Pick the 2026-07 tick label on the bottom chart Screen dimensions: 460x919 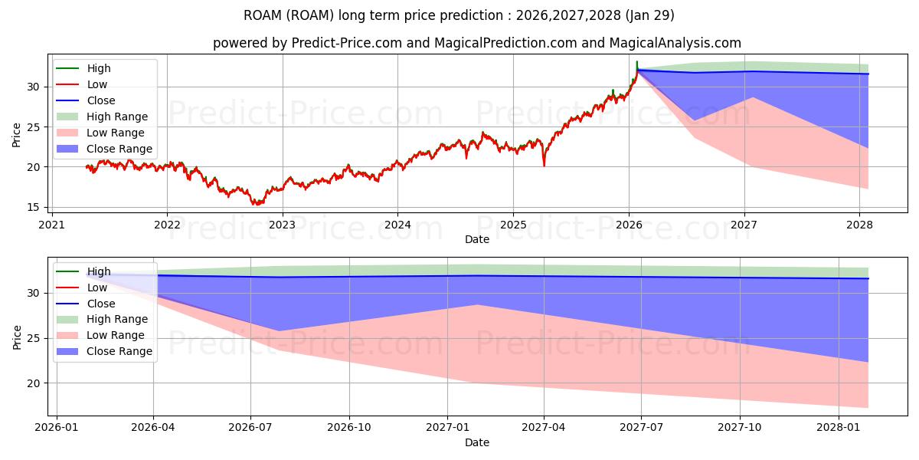point(250,427)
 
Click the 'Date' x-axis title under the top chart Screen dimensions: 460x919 point(476,239)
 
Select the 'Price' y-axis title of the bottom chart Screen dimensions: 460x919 point(17,337)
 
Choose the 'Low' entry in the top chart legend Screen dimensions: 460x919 point(97,84)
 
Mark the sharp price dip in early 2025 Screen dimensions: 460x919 point(544,165)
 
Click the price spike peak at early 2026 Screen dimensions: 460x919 point(636,61)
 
